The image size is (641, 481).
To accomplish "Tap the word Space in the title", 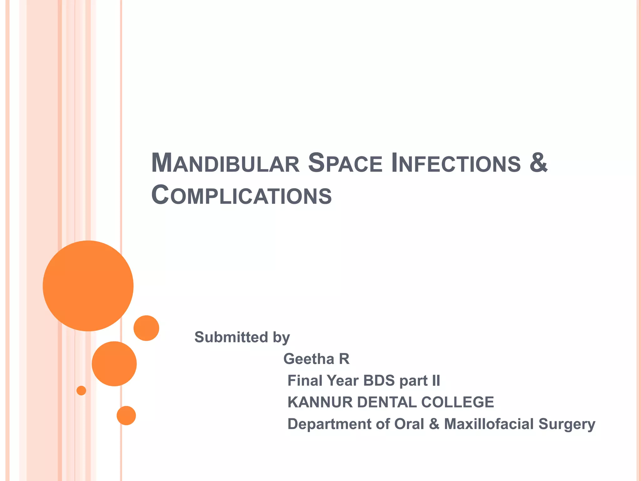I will tap(345, 163).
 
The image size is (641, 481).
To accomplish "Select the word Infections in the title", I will tap(456, 163).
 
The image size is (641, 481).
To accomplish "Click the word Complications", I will tap(241, 195).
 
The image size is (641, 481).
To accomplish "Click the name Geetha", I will tap(309, 359).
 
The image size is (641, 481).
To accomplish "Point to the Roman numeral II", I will tap(436, 381).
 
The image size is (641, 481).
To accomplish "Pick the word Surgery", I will tap(567, 425).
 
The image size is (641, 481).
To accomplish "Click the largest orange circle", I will tap(88, 286).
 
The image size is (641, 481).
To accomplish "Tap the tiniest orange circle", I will tap(81, 390).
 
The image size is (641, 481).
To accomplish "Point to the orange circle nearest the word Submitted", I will tap(146, 328).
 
